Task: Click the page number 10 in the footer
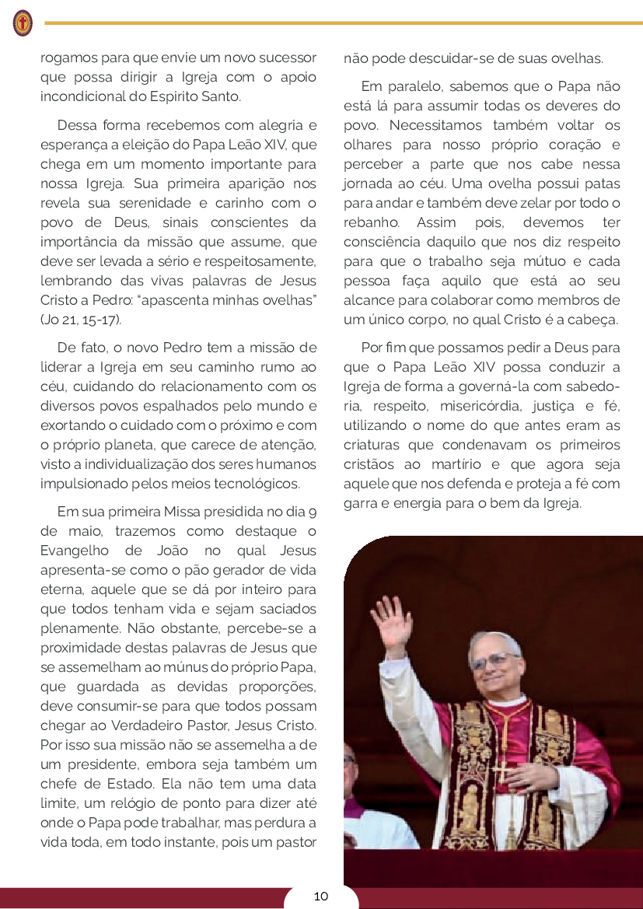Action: point(321,896)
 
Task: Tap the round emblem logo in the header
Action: point(23,23)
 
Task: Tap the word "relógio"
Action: point(163,803)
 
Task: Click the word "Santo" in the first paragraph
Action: point(220,97)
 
